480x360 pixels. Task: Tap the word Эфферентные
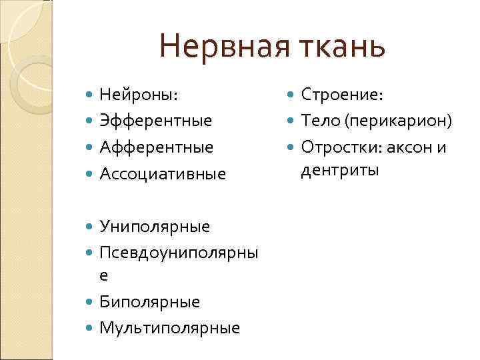[x=155, y=121]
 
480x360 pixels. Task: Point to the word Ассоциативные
[x=163, y=174]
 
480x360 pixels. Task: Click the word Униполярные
[x=155, y=227]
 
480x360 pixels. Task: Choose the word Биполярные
[x=149, y=301]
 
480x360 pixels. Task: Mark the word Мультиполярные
[x=169, y=327]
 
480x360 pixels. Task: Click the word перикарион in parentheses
[x=397, y=121]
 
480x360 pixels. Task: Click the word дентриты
[x=340, y=171]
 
